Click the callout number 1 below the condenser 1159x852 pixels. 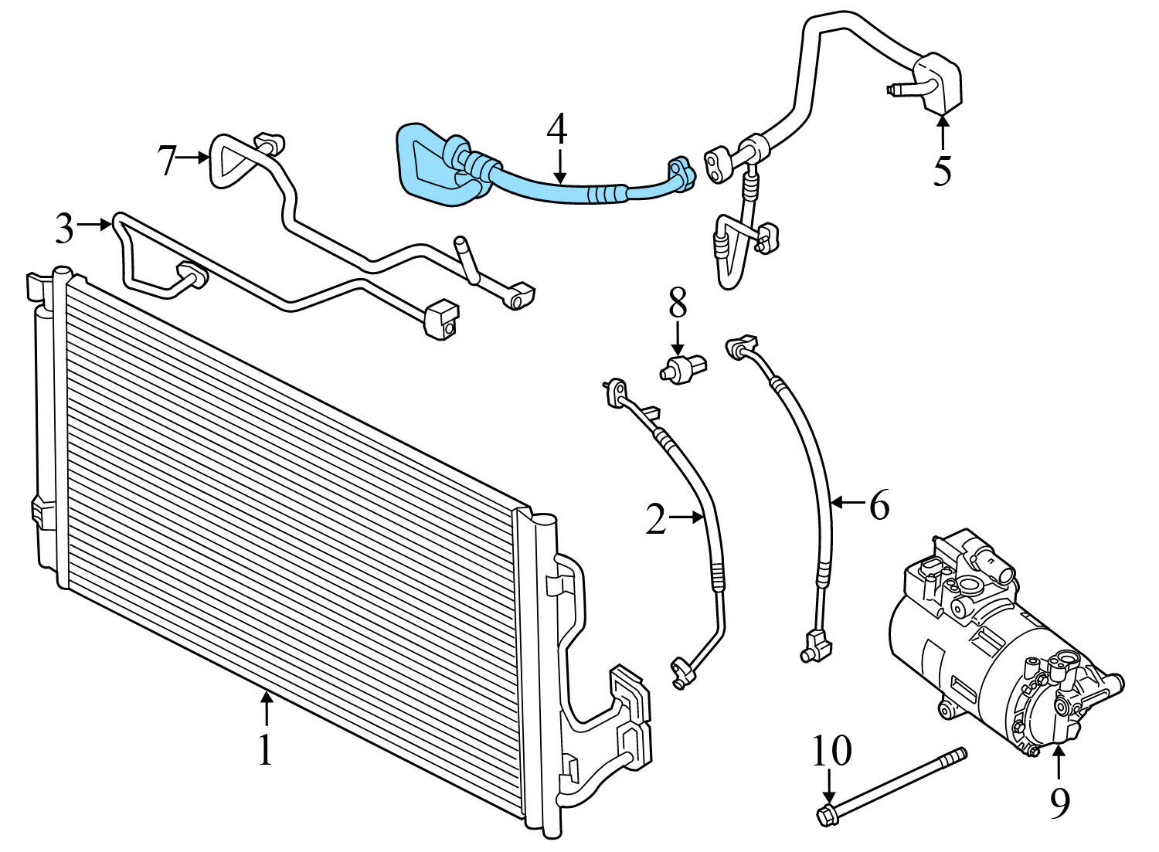pyautogui.click(x=265, y=748)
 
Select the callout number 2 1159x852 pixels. pyautogui.click(x=655, y=520)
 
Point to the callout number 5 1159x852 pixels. pyautogui.click(x=942, y=171)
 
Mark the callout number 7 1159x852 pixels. pyautogui.click(x=167, y=161)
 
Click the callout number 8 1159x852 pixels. pyautogui.click(x=678, y=304)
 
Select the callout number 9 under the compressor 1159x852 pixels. pyautogui.click(x=1059, y=803)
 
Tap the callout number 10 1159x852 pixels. pyautogui.click(x=831, y=750)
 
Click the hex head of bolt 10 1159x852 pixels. pyautogui.click(x=826, y=814)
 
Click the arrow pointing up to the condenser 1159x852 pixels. pyautogui.click(x=266, y=708)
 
